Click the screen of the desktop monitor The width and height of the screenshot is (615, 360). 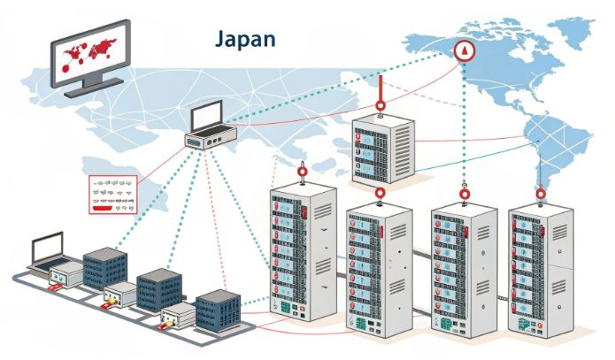coord(89,57)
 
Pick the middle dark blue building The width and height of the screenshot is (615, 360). coord(159,287)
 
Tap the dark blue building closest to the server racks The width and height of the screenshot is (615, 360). coord(218,310)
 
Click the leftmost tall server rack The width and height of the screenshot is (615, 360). coord(301,257)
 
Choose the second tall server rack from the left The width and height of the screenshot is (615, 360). coord(379,270)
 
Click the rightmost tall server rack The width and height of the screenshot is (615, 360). coord(541,270)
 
